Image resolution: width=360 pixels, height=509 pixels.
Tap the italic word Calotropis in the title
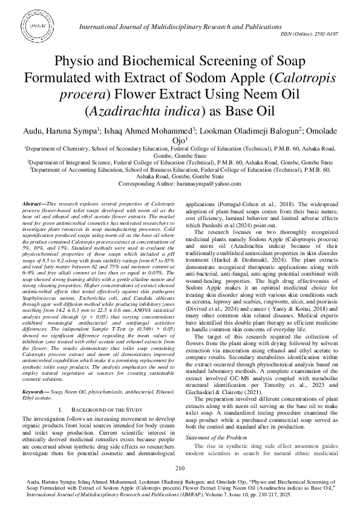coord(281,78)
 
